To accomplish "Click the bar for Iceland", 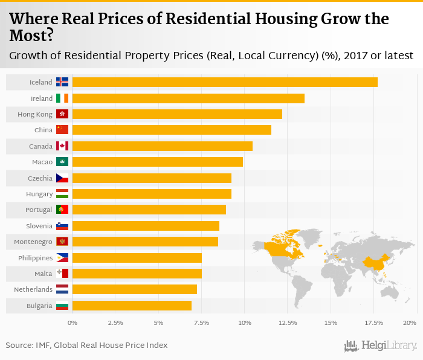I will click(x=225, y=82).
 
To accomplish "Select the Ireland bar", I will click(x=188, y=98).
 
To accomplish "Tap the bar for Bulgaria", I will click(x=132, y=306).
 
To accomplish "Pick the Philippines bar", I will click(x=137, y=258).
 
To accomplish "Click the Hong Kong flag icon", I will click(x=62, y=114).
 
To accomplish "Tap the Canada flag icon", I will click(x=62, y=146).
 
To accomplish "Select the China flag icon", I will click(x=62, y=130).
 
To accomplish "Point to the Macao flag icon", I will click(x=62, y=162).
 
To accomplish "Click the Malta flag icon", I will click(x=62, y=274).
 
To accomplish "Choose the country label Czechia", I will click(x=40, y=178).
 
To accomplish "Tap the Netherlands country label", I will click(x=33, y=290).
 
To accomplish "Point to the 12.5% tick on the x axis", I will click(x=288, y=323).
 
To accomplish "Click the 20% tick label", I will click(x=410, y=323).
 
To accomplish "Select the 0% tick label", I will click(x=73, y=323).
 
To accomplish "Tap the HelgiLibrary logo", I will click(x=381, y=346).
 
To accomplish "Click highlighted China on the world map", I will click(x=375, y=261).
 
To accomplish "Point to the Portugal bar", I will click(x=149, y=210).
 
